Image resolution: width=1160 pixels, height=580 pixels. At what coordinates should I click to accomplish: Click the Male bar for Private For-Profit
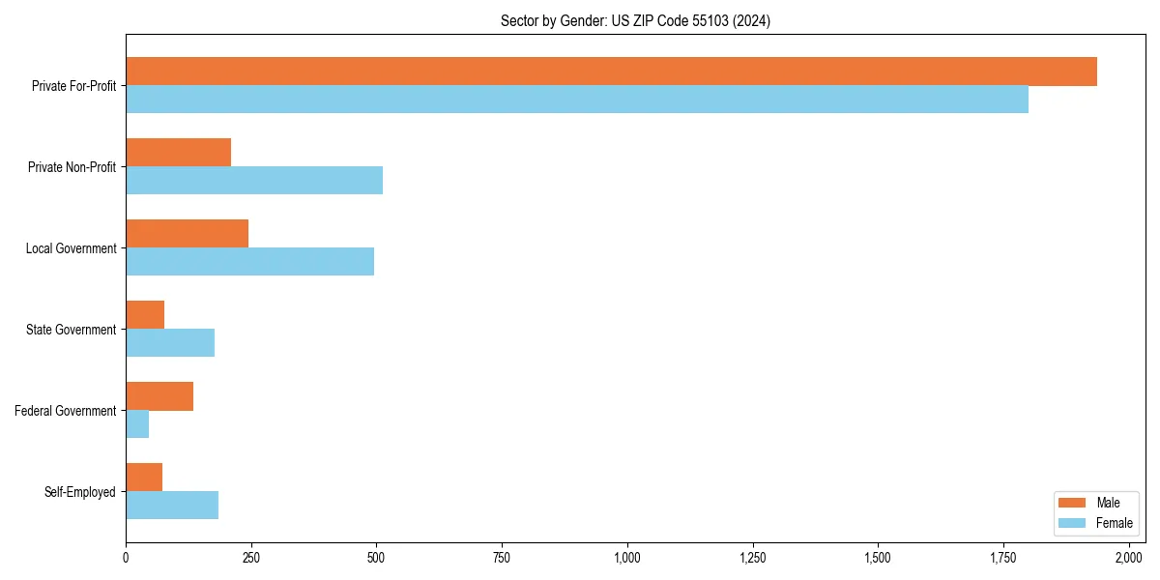(611, 72)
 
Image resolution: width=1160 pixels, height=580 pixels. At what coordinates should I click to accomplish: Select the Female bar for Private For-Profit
(577, 100)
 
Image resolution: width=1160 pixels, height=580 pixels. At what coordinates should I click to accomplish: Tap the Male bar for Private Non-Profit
(178, 153)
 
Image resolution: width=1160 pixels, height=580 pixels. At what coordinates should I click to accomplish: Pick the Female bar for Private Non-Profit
(254, 181)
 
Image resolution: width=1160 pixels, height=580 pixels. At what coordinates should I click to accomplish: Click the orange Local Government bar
(187, 234)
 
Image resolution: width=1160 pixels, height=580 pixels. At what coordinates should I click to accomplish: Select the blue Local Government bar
(249, 262)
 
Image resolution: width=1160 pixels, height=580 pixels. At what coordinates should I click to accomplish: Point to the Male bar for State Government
(145, 315)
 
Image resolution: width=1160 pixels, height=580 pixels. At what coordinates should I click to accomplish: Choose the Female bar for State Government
(170, 343)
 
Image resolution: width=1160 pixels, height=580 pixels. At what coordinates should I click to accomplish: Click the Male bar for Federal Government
(159, 396)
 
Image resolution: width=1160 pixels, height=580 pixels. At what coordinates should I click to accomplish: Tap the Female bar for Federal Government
(137, 424)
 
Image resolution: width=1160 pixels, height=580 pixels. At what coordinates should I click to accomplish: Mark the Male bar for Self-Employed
(144, 478)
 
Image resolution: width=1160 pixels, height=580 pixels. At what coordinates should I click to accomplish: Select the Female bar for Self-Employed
(172, 506)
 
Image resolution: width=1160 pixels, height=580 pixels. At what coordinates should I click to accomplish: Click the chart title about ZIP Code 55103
(635, 20)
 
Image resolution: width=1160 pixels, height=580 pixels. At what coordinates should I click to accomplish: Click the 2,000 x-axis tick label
(1129, 558)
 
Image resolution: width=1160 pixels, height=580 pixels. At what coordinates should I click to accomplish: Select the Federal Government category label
(66, 411)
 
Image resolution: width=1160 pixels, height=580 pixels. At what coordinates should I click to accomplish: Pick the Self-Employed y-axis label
(80, 492)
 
